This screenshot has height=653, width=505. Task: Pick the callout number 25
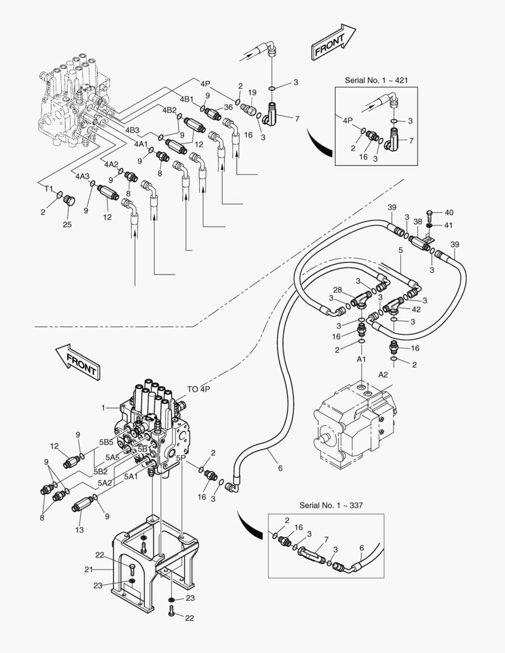click(67, 224)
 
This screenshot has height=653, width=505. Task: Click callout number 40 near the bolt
click(449, 212)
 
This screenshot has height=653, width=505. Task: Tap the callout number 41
click(449, 225)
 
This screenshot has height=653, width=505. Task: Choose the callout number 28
click(337, 290)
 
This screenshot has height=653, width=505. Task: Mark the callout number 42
click(416, 309)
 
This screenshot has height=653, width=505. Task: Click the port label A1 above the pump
click(361, 359)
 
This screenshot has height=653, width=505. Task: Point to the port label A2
click(383, 374)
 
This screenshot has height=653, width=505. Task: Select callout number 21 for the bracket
click(88, 570)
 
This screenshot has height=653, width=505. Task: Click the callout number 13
click(79, 530)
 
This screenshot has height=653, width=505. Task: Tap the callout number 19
click(252, 93)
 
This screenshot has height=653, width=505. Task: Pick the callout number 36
click(228, 107)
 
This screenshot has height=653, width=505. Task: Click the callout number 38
click(417, 221)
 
